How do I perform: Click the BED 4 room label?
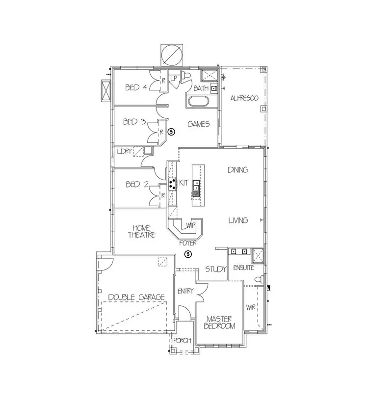click(x=136, y=88)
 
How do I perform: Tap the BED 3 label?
click(x=134, y=122)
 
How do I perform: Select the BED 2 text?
click(x=137, y=185)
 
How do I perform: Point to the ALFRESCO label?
click(x=244, y=98)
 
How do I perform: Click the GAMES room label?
click(x=199, y=124)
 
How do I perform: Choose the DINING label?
click(x=238, y=170)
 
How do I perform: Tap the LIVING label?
click(x=238, y=220)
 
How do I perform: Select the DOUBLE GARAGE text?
click(x=136, y=297)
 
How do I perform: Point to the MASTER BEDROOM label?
click(x=219, y=322)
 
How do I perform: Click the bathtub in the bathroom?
click(x=198, y=103)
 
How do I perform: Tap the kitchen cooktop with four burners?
click(x=173, y=184)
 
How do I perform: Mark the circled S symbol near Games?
click(x=171, y=132)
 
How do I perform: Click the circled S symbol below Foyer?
click(x=187, y=254)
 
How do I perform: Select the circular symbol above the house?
click(x=171, y=54)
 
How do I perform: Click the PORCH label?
click(x=182, y=341)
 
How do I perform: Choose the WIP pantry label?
click(x=191, y=226)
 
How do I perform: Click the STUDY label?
click(x=216, y=269)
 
